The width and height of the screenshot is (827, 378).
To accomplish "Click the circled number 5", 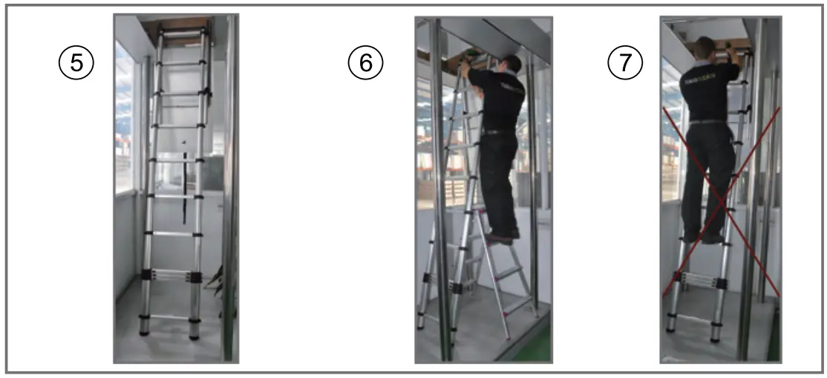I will pyautogui.click(x=76, y=63).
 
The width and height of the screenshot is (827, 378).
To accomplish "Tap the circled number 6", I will pyautogui.click(x=365, y=63).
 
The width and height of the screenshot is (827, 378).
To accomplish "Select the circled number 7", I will pyautogui.click(x=625, y=63).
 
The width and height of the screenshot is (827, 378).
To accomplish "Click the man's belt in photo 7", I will pyautogui.click(x=707, y=122).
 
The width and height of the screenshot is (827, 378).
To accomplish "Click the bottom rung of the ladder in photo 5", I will pyautogui.click(x=169, y=317).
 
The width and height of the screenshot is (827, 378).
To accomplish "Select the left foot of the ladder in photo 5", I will pyautogui.click(x=145, y=327).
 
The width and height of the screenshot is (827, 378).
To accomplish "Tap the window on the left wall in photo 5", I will pyautogui.click(x=124, y=119).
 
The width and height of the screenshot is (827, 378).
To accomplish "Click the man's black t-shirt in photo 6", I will pyautogui.click(x=501, y=97).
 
